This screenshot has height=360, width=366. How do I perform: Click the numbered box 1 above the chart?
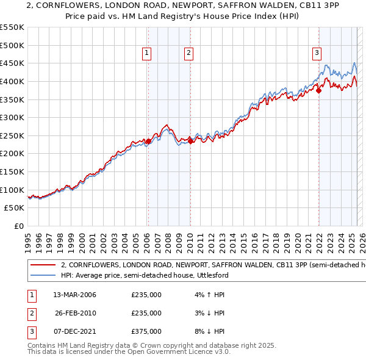148,54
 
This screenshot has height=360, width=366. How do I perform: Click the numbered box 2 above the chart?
189,54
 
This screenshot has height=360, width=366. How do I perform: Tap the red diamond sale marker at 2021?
318,90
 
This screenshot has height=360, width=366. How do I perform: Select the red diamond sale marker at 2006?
148,141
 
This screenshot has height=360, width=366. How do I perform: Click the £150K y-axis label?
13,171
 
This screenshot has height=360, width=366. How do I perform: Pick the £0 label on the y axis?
19,226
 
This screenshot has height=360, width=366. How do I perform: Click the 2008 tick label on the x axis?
168,240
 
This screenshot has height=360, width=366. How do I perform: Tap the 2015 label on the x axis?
243,240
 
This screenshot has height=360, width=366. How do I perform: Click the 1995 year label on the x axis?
28,240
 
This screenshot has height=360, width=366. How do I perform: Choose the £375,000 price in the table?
146,331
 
